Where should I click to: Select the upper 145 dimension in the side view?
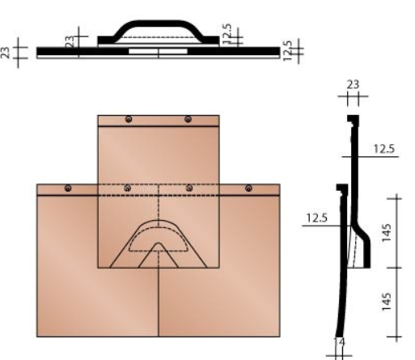389,232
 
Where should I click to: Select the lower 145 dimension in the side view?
389,302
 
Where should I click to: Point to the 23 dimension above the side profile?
351,84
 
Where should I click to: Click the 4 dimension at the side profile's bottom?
341,342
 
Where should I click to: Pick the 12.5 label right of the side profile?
384,149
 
